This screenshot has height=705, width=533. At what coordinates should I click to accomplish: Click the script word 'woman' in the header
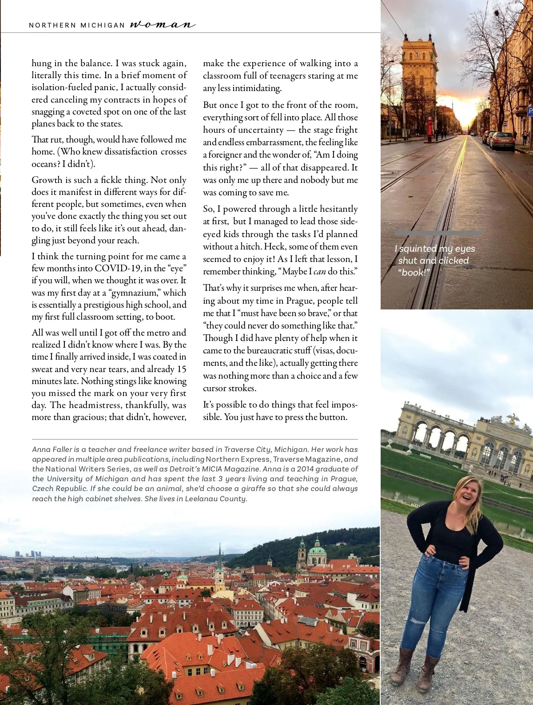pyautogui.click(x=163, y=24)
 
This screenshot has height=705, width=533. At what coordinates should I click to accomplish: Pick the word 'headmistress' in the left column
pyautogui.click(x=95, y=405)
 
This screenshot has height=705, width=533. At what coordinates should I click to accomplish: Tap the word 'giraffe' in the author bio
pyautogui.click(x=216, y=488)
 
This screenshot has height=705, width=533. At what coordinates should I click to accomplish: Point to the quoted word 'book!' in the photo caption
pyautogui.click(x=414, y=273)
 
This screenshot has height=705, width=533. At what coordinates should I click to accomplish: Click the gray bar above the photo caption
pyautogui.click(x=438, y=233)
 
